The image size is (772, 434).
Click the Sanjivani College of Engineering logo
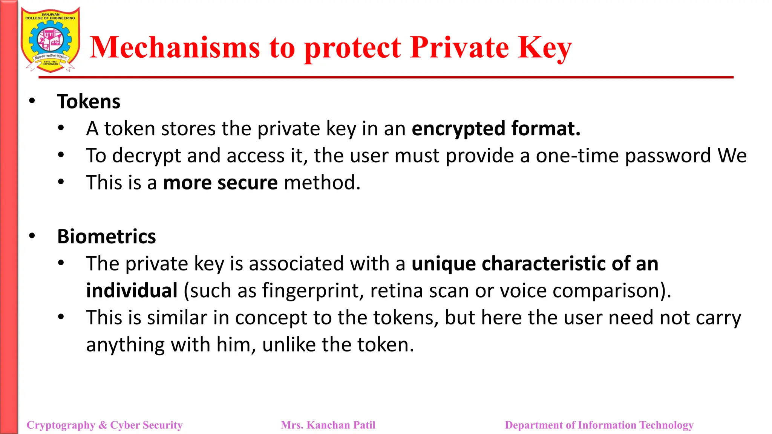(51, 40)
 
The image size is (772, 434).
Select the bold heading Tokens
(89, 102)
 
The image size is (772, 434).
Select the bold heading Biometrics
(106, 237)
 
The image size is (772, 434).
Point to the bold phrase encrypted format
(496, 129)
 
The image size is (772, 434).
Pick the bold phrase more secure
(221, 183)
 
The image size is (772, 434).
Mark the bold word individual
(132, 291)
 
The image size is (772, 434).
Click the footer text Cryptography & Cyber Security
(104, 425)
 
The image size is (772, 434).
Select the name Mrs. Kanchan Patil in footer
(328, 425)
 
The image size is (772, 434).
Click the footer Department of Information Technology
(599, 425)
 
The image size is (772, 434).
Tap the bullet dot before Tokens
(32, 101)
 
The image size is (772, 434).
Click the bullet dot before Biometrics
(32, 236)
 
